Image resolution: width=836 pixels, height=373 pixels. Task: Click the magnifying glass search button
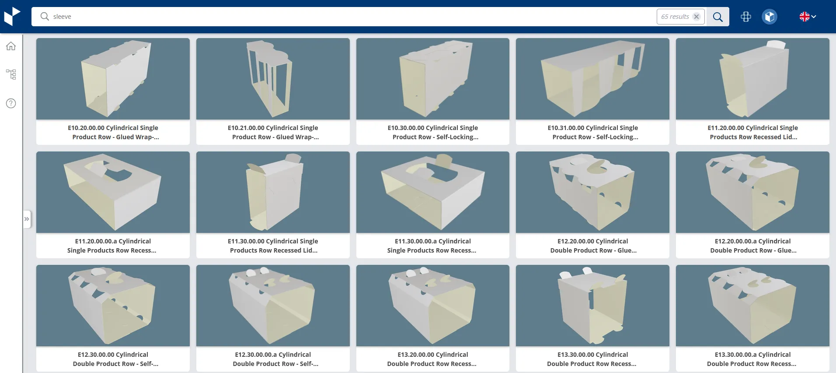tap(718, 17)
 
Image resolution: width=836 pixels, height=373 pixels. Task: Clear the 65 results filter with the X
tap(697, 17)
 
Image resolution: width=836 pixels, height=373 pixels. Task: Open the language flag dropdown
tap(808, 17)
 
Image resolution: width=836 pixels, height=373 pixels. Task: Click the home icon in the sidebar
tap(11, 46)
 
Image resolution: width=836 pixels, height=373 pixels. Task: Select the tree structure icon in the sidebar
tap(11, 74)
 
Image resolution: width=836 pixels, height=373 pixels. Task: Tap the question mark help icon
tap(11, 103)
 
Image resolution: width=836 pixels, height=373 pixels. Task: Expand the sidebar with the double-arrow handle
tap(27, 219)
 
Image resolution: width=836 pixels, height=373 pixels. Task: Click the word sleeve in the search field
tap(62, 17)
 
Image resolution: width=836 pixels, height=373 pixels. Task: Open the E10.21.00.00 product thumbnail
tap(273, 79)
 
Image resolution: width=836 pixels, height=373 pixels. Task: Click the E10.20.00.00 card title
tap(113, 132)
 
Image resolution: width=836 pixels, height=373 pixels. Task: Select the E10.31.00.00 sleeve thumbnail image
tap(592, 79)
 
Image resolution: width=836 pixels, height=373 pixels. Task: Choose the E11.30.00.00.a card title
tap(433, 246)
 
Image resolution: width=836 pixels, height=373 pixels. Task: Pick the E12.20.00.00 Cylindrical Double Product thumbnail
tap(592, 192)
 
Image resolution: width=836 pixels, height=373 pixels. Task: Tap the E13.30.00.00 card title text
tap(592, 359)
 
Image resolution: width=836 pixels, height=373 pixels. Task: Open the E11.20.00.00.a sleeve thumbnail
tap(113, 192)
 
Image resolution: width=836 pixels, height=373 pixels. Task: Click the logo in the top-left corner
tap(12, 17)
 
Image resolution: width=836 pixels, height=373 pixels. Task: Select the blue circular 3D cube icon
tap(770, 17)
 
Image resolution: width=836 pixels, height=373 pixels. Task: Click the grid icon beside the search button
tap(746, 17)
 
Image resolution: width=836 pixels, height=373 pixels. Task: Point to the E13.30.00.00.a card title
tap(752, 359)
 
